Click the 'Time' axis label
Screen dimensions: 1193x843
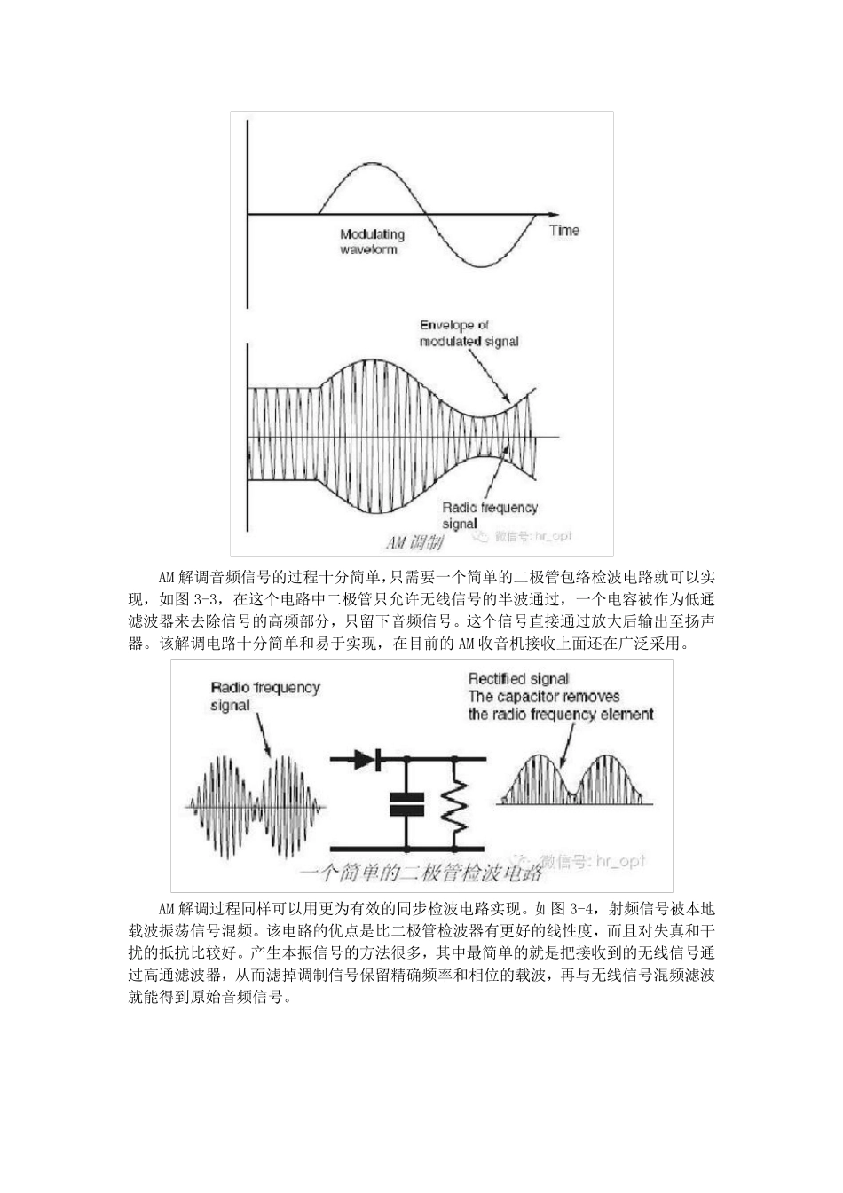click(x=563, y=231)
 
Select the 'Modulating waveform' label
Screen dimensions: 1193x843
click(x=372, y=241)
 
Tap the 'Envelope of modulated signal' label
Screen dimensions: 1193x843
click(x=469, y=334)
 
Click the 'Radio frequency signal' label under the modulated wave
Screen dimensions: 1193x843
click(x=490, y=516)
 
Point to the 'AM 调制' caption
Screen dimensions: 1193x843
click(x=414, y=541)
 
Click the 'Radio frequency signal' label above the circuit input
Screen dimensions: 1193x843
click(x=264, y=696)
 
